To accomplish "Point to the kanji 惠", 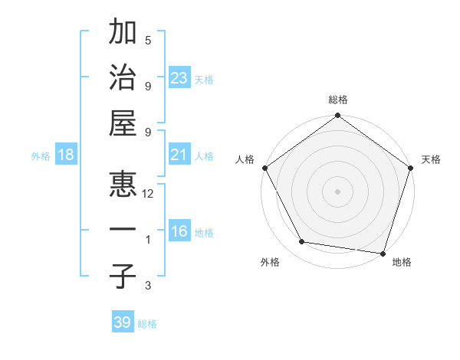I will click(123, 184).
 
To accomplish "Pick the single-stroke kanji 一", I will click(123, 230).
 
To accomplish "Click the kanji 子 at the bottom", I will click(123, 276).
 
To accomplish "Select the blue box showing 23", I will click(179, 78).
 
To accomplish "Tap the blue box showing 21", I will click(179, 155).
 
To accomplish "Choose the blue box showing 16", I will click(179, 232).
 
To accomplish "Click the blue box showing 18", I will click(66, 155).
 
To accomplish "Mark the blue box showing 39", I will click(122, 322).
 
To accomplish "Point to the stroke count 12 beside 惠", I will click(148, 194).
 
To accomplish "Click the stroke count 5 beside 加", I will click(148, 41).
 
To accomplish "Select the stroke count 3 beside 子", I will click(148, 286).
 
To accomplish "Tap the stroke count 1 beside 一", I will click(148, 240).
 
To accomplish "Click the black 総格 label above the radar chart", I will click(337, 100).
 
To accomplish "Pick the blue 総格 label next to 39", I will click(147, 324).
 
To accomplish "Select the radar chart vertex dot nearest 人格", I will click(264, 168).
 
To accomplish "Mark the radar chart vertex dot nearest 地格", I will click(383, 253).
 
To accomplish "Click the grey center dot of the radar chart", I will click(337, 191).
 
